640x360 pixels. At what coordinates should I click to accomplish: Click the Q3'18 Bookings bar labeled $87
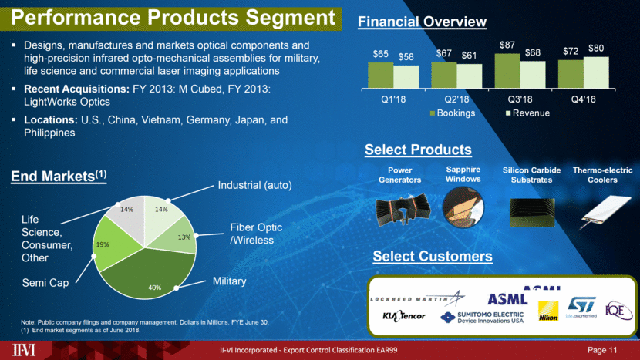pos(507,71)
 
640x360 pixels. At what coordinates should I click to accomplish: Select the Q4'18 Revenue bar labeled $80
pos(596,72)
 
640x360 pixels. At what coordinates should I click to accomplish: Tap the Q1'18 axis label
pos(393,99)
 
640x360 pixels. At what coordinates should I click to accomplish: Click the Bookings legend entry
pos(453,113)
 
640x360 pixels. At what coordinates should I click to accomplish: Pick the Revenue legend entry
pos(527,113)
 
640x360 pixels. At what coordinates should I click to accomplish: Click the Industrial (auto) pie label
pos(254,185)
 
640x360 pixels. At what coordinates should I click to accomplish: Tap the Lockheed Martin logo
pos(417,298)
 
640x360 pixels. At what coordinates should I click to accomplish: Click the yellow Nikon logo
pos(548,311)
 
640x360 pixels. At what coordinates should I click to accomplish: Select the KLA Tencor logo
pos(404,315)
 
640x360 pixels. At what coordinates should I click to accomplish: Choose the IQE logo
pos(618,311)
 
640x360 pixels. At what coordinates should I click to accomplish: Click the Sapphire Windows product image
pos(463,207)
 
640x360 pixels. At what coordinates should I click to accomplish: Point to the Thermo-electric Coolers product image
pos(606,211)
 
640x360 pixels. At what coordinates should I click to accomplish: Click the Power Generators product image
pos(403,210)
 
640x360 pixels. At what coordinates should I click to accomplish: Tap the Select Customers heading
pos(433,257)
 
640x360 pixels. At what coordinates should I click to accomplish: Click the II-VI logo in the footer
pos(24,350)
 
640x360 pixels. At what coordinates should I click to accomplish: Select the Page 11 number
pos(602,350)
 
